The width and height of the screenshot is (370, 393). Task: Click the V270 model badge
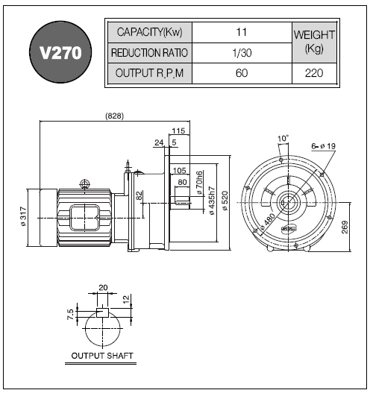pos(60,52)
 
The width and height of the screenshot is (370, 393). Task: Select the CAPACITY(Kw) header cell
pos(150,32)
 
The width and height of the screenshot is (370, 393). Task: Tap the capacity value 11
pos(242,32)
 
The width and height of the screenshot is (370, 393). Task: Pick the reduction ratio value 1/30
pos(242,53)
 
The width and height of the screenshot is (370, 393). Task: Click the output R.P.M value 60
pos(242,73)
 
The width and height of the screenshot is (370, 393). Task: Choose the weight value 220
pos(314,73)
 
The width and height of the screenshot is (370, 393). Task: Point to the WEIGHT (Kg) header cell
pos(314,42)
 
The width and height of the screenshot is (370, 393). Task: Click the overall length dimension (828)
pos(115,116)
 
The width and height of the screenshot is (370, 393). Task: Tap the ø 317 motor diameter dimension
pos(23,216)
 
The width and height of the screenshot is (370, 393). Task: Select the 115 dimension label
pos(178,131)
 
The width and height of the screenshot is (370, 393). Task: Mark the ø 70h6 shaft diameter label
pos(199,183)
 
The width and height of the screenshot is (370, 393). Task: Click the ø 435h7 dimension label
pos(212,201)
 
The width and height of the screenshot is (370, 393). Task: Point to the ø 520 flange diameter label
pos(225,201)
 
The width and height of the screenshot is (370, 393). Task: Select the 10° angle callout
pos(283,138)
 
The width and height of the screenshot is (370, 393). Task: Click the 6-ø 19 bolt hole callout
pos(323,146)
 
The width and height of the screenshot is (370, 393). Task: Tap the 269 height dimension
pos(345,227)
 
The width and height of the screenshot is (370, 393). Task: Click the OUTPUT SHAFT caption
pos(102,356)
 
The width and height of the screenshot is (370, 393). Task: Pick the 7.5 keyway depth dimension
pos(70,314)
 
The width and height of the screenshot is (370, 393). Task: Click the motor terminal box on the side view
pos(85,218)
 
